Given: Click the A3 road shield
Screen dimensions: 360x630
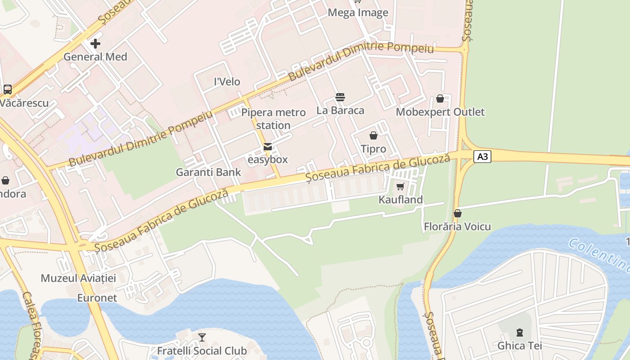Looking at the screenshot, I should (x=482, y=157).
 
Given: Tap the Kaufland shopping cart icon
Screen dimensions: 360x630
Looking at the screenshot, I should (x=400, y=186).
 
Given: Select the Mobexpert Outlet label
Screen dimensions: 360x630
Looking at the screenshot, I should (x=440, y=112).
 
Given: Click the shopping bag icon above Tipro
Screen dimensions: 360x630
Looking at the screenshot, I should (x=373, y=135).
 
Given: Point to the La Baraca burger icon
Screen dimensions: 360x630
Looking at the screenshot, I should (x=340, y=97).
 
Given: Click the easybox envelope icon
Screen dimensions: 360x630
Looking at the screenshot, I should (x=268, y=147).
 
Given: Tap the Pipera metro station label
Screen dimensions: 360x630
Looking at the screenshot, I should (x=273, y=119).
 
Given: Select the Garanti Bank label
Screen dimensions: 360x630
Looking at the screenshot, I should (x=208, y=172).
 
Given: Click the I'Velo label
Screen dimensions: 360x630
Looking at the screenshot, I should (x=227, y=82).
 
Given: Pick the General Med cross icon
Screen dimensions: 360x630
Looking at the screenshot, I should (x=95, y=44).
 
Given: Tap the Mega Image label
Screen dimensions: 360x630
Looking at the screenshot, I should (x=358, y=13).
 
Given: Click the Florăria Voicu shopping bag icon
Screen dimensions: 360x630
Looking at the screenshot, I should (x=458, y=213).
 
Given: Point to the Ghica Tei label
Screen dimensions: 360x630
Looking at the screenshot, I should (x=519, y=346).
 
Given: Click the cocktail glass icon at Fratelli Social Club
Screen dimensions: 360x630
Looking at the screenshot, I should (x=202, y=337).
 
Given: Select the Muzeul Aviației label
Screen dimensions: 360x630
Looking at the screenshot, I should (x=78, y=278).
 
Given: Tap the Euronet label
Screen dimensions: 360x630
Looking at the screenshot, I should (x=97, y=298).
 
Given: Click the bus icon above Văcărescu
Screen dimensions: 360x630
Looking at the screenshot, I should (x=8, y=89).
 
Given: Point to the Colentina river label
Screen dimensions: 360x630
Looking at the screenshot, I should (x=598, y=255).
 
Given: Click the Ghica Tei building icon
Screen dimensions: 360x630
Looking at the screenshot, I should (x=520, y=333).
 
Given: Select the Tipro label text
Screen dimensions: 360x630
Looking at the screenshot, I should (x=373, y=149).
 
